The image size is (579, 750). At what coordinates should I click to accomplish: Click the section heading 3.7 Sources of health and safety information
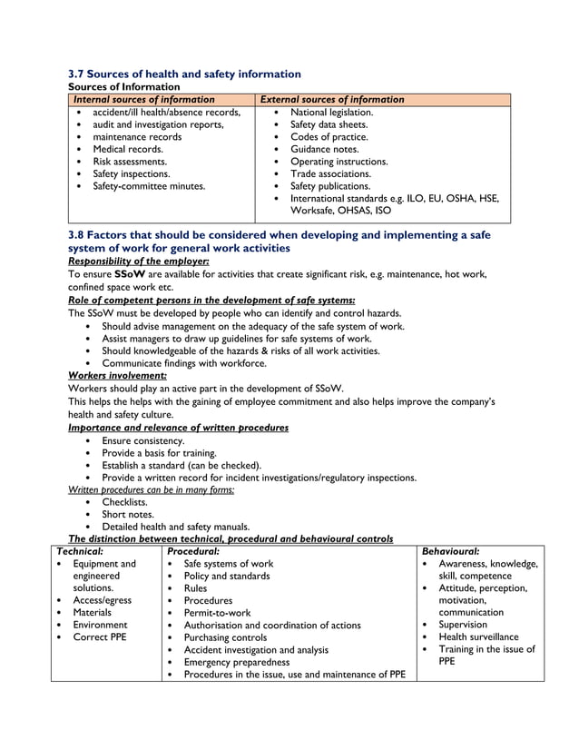(x=184, y=74)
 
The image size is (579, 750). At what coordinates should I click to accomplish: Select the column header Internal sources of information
(x=143, y=99)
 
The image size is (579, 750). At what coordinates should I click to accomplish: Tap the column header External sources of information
(x=331, y=99)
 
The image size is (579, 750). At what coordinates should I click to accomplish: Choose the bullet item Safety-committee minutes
(x=149, y=186)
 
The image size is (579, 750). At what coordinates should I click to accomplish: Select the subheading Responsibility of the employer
(x=139, y=261)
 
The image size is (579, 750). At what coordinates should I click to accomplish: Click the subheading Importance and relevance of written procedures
(x=178, y=427)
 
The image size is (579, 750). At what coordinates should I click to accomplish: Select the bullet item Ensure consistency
(x=142, y=440)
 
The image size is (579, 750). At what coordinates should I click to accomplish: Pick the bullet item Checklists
(x=124, y=501)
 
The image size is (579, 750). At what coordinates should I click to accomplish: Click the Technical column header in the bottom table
(x=80, y=550)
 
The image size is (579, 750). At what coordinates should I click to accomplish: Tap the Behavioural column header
(x=451, y=550)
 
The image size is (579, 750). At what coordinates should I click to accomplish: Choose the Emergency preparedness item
(x=236, y=662)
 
